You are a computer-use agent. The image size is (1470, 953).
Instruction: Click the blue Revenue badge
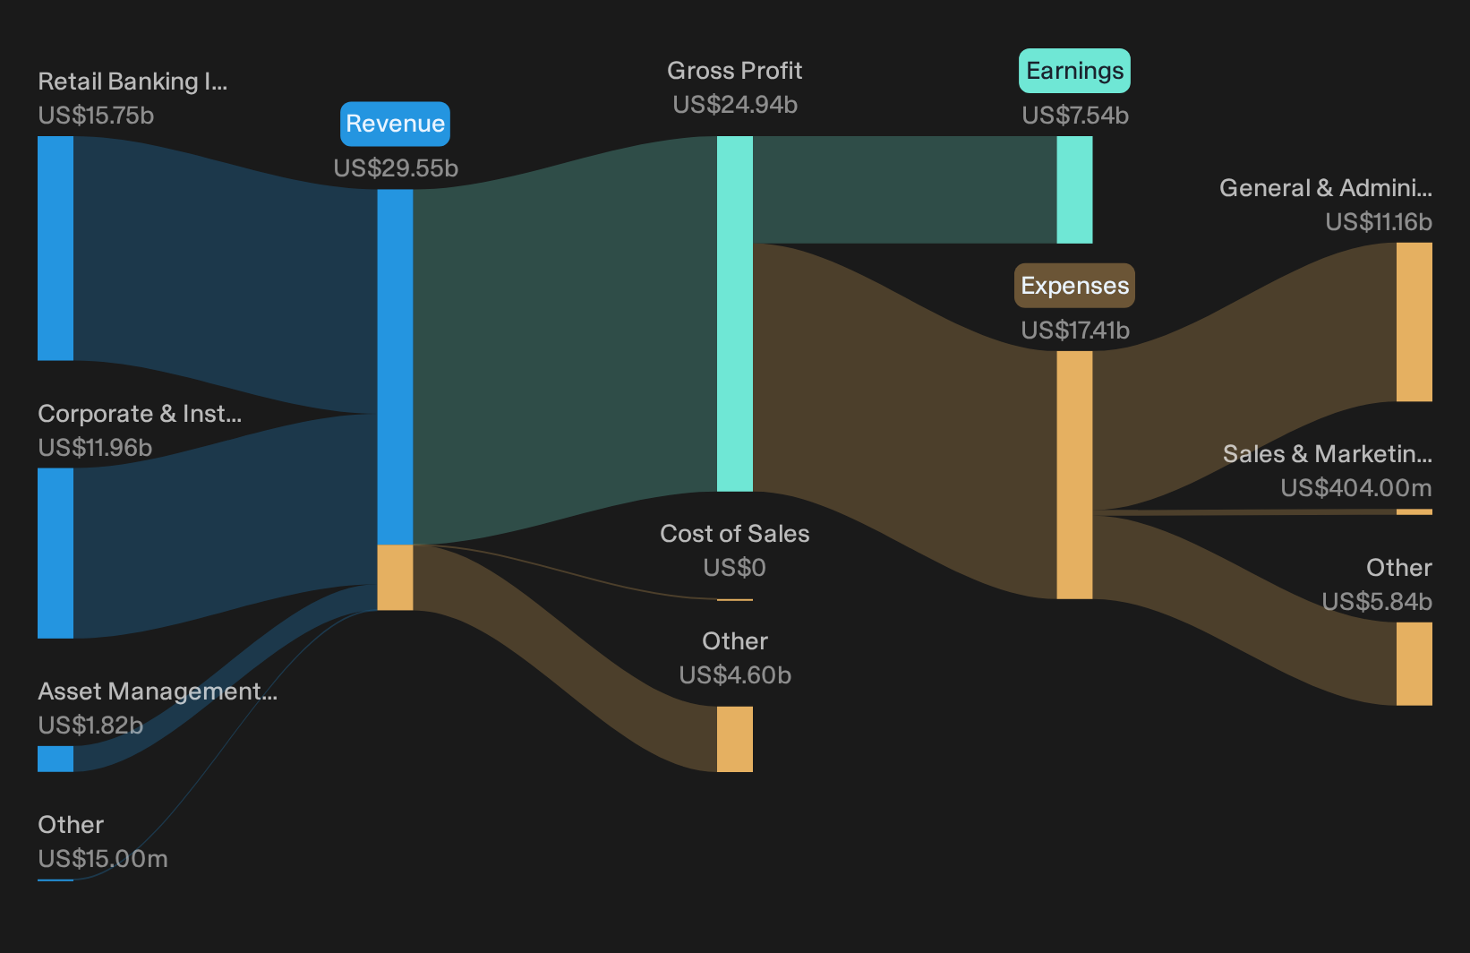click(x=395, y=124)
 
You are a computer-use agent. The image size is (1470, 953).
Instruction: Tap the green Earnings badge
click(x=1074, y=70)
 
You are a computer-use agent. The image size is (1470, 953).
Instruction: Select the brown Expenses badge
click(x=1074, y=286)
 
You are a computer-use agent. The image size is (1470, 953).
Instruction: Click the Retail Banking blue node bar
click(x=56, y=248)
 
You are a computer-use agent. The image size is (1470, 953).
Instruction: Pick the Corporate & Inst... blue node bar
click(x=56, y=553)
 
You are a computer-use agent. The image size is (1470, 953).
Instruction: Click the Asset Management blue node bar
click(x=56, y=759)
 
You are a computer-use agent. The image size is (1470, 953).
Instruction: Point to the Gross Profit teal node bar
click(x=734, y=314)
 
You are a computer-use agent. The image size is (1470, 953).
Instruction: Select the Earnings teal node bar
click(x=1074, y=190)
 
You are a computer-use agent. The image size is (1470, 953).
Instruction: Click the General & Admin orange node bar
click(x=1414, y=322)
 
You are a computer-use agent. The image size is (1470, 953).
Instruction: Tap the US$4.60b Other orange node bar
click(x=734, y=739)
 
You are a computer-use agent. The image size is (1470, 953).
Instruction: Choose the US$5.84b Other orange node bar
click(x=1414, y=664)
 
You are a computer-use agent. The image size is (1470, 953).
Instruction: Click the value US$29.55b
click(x=396, y=168)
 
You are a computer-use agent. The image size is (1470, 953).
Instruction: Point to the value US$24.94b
click(x=735, y=105)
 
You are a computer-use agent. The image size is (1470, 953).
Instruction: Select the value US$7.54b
click(x=1075, y=116)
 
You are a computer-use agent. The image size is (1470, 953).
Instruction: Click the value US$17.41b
click(x=1075, y=331)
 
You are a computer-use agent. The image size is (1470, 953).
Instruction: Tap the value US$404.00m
click(x=1355, y=488)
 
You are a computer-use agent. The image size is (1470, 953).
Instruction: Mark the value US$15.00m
click(x=103, y=859)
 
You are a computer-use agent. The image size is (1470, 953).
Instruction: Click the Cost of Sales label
click(x=734, y=533)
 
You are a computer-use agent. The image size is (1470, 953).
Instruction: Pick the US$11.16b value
click(x=1378, y=222)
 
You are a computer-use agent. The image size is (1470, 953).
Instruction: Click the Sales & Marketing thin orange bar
click(x=1414, y=512)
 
